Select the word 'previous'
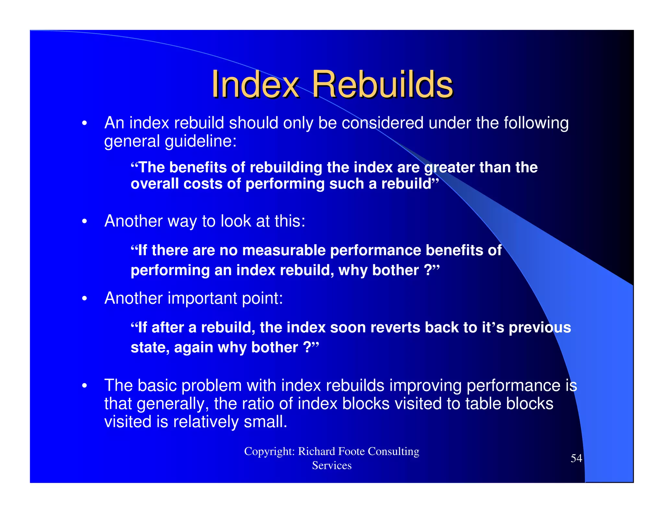(x=539, y=328)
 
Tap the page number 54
(x=576, y=458)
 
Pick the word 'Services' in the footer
(x=332, y=466)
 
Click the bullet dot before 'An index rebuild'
(x=85, y=124)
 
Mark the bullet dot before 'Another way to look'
(x=85, y=221)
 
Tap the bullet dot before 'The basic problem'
(x=85, y=386)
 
